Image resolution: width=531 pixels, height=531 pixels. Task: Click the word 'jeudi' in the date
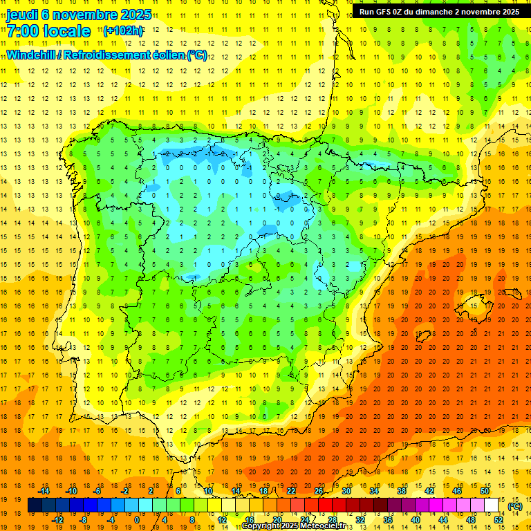click(23, 15)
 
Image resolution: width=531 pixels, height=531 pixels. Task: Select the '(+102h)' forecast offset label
click(122, 31)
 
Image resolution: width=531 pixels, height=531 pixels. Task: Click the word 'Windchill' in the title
click(30, 55)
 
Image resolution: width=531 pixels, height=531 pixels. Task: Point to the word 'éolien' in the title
click(168, 55)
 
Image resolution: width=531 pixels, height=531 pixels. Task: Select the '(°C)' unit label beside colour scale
click(516, 506)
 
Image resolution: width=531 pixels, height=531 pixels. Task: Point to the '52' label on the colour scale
click(499, 520)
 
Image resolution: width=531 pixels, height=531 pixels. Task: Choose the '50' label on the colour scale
click(485, 491)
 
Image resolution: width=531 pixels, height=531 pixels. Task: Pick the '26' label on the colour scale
click(319, 491)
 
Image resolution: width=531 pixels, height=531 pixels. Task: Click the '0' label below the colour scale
click(136, 520)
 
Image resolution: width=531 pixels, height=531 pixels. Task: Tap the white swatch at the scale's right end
click(492, 505)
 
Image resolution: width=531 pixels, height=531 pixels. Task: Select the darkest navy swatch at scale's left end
click(35, 505)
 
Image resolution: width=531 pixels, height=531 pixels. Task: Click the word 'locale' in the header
click(66, 31)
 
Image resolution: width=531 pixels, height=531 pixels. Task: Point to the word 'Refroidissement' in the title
click(106, 55)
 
